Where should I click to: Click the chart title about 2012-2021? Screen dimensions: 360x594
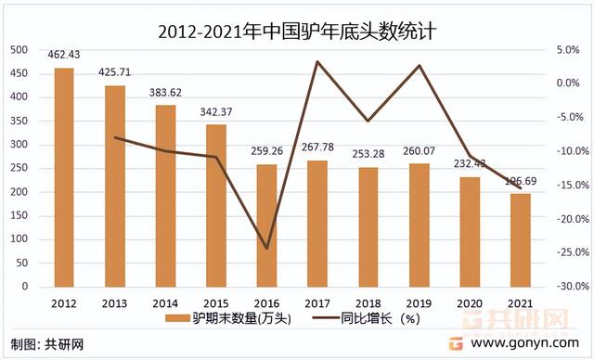point(297,31)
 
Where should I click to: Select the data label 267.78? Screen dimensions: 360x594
point(317,149)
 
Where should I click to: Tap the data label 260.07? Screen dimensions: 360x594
point(420,153)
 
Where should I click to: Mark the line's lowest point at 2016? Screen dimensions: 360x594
point(266,249)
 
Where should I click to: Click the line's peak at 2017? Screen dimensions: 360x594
point(317,61)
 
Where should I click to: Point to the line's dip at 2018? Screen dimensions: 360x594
point(368,121)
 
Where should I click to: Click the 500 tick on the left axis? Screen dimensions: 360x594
point(19,49)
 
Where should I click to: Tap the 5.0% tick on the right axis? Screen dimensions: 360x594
point(568,49)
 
